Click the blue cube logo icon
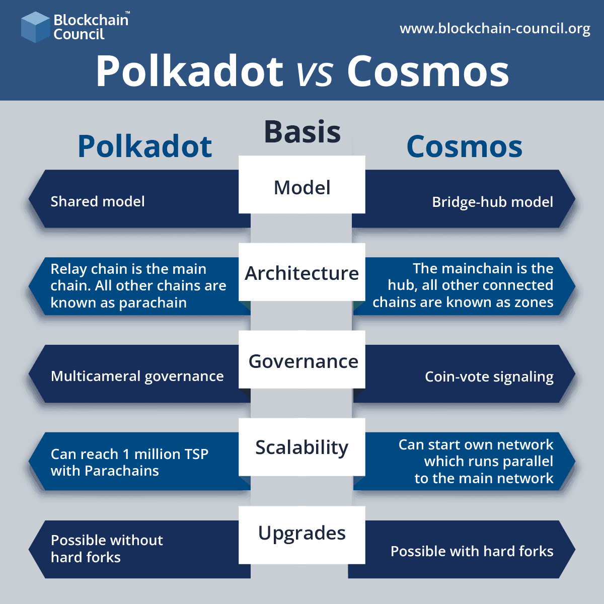pyautogui.click(x=35, y=27)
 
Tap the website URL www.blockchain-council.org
pyautogui.click(x=495, y=29)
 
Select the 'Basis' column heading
pyautogui.click(x=302, y=132)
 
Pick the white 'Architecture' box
pyautogui.click(x=302, y=272)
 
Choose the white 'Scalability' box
pyautogui.click(x=302, y=447)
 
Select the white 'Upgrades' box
pyautogui.click(x=302, y=534)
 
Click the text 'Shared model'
pyautogui.click(x=97, y=201)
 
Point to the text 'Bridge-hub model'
pyautogui.click(x=492, y=202)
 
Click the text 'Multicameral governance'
pyautogui.click(x=137, y=376)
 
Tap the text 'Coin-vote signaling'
pyautogui.click(x=489, y=377)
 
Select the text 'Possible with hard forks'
pyautogui.click(x=472, y=551)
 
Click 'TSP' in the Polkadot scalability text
pyautogui.click(x=196, y=454)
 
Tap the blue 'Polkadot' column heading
pyautogui.click(x=144, y=146)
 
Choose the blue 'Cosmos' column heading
pyautogui.click(x=464, y=146)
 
